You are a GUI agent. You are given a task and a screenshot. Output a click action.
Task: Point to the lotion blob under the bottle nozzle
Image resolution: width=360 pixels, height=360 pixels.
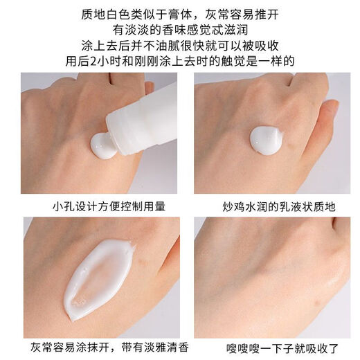point(104,145)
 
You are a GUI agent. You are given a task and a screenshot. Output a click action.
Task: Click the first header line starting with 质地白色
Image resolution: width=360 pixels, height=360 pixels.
point(180,12)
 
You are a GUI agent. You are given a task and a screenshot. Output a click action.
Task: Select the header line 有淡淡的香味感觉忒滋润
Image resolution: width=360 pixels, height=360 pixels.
point(180,28)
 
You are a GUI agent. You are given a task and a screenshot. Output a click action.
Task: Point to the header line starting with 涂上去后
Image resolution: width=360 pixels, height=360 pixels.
point(180,45)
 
